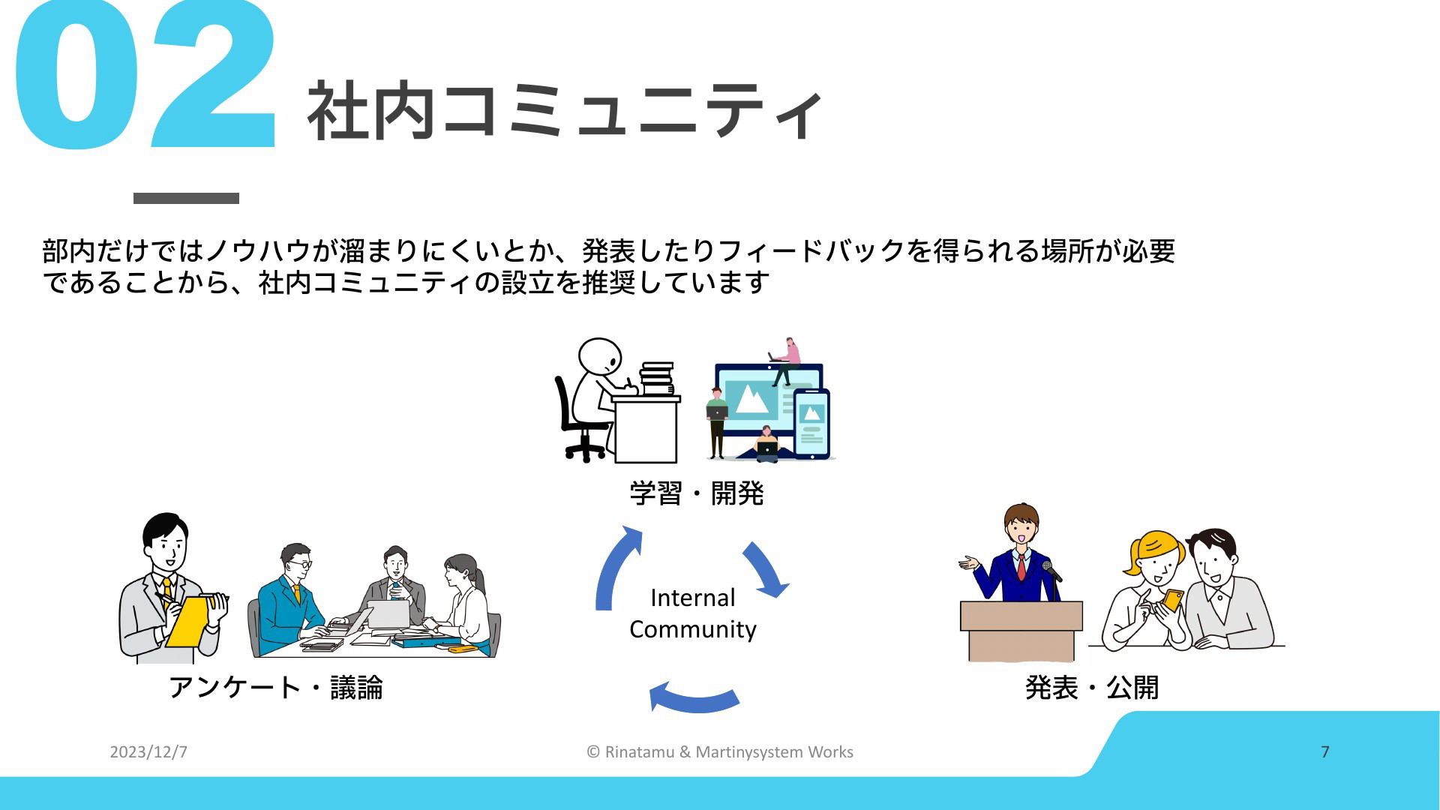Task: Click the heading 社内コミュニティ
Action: pos(565,112)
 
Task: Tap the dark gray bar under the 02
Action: pos(186,198)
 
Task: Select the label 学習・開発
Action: pos(697,493)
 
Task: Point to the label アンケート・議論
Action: pos(276,687)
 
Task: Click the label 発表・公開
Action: pos(1092,687)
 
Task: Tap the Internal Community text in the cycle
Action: pos(693,613)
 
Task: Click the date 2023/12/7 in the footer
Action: pos(148,751)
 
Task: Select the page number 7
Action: pos(1325,751)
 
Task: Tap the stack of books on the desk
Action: pos(657,379)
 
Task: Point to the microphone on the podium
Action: pos(1051,571)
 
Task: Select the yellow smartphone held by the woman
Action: pos(1172,599)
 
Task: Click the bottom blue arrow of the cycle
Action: pos(694,700)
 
